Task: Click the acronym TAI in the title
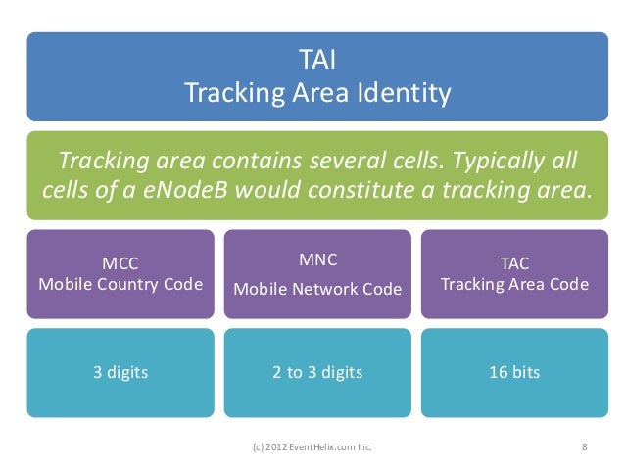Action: (317, 63)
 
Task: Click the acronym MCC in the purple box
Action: (120, 262)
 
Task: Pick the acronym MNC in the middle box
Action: (317, 259)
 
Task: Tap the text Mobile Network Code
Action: (317, 289)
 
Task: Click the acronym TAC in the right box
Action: (514, 262)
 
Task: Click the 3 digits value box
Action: (120, 372)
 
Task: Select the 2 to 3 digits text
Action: (317, 372)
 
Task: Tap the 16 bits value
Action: (514, 372)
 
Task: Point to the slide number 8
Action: (584, 448)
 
